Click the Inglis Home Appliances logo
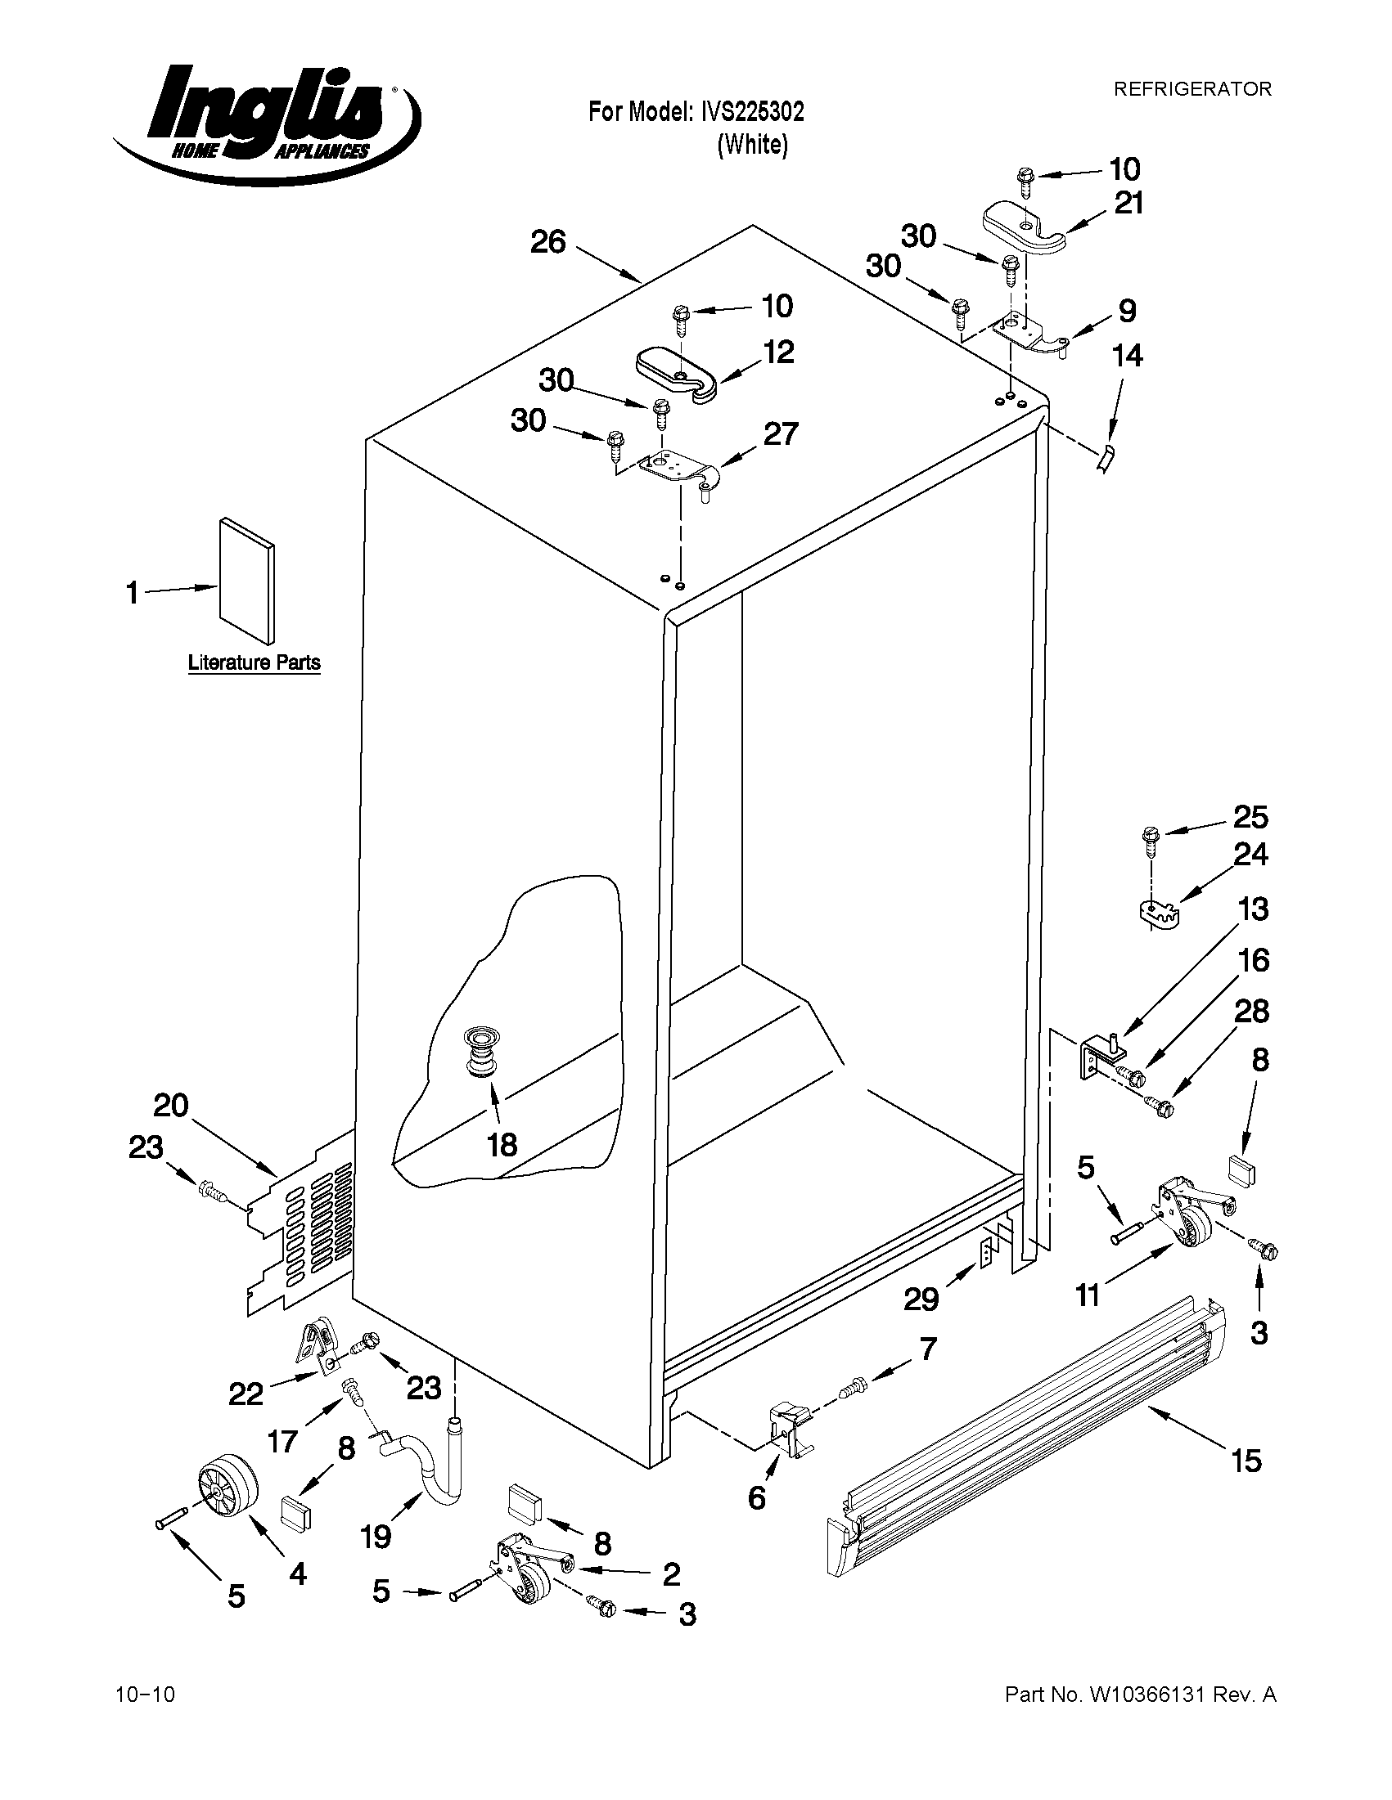[x=265, y=123]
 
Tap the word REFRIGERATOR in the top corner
[x=1192, y=89]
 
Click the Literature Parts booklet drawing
[x=246, y=580]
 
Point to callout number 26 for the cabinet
[x=548, y=242]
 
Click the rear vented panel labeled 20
[x=303, y=1223]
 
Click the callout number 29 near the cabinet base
[x=921, y=1300]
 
